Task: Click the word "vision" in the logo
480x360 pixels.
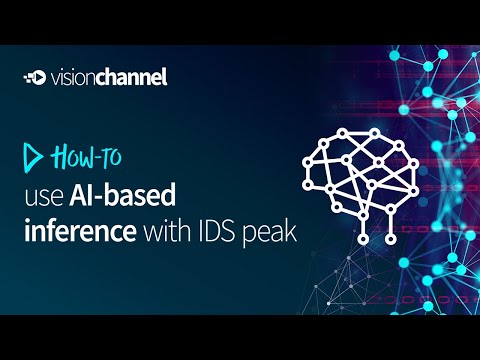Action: point(75,77)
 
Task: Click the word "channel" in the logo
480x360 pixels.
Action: point(129,77)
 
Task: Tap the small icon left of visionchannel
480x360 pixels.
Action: point(33,77)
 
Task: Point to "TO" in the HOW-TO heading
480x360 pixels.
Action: point(111,157)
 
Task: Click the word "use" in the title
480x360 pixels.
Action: point(48,196)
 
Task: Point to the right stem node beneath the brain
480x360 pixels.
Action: point(386,239)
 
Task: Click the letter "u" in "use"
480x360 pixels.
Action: point(34,197)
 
